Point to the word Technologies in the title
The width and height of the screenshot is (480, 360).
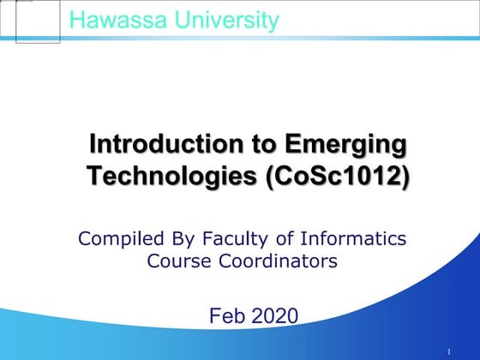click(171, 176)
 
